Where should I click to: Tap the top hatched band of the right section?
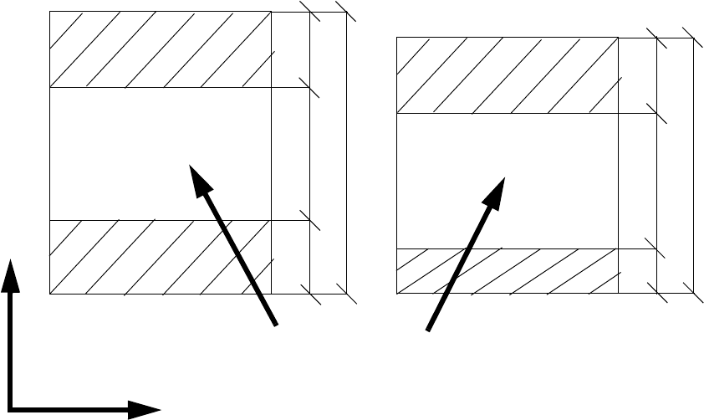507,75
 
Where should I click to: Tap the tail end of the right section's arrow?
429,330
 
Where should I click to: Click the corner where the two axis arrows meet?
12,409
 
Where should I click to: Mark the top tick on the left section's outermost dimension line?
346,12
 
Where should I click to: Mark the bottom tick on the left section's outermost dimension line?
346,294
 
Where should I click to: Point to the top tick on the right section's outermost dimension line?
693,38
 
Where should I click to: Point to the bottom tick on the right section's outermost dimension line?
693,293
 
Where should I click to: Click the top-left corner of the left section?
50,12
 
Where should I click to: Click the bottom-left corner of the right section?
396,293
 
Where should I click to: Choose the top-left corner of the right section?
396,38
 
